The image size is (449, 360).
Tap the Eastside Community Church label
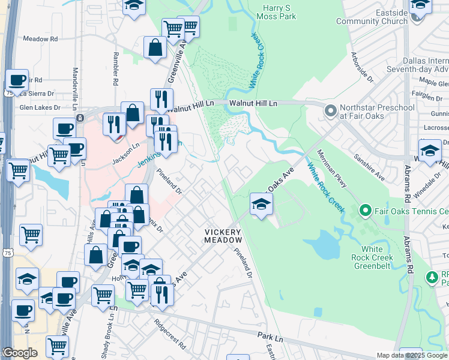tap(372, 17)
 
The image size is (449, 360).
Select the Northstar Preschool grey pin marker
tap(330, 111)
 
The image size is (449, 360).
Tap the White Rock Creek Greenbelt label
tap(377, 253)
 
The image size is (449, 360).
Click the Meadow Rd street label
tap(40, 38)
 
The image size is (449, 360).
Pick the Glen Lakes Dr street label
tap(40, 107)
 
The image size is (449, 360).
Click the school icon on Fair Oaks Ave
tap(261, 205)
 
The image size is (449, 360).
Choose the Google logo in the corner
tap(20, 353)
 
